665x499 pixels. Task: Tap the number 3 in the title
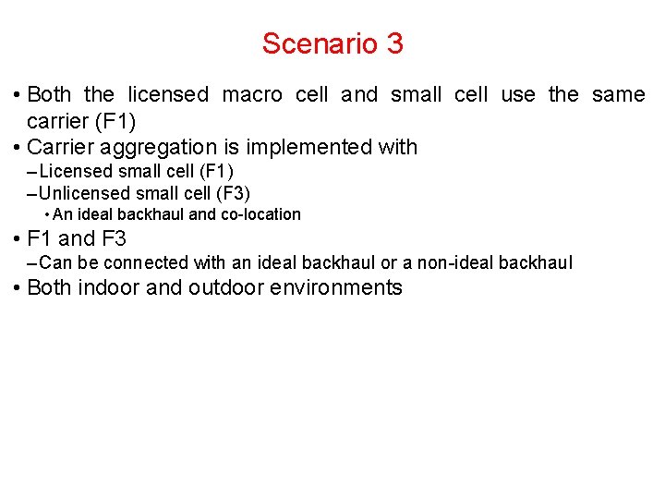pos(393,43)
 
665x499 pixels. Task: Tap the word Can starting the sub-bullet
pos(55,263)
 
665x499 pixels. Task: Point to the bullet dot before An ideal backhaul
pos(47,215)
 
